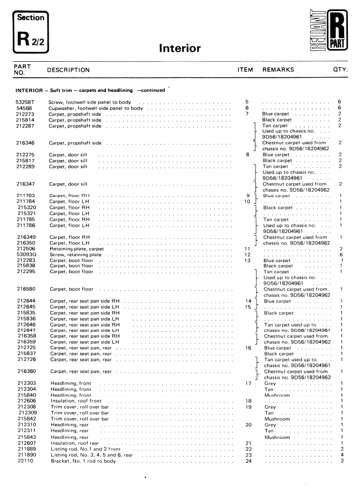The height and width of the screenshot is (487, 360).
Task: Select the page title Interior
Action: click(179, 49)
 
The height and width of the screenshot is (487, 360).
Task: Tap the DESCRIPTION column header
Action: click(68, 70)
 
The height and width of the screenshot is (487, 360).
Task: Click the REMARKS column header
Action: click(278, 69)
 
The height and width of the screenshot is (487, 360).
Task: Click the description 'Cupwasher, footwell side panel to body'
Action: click(96, 108)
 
